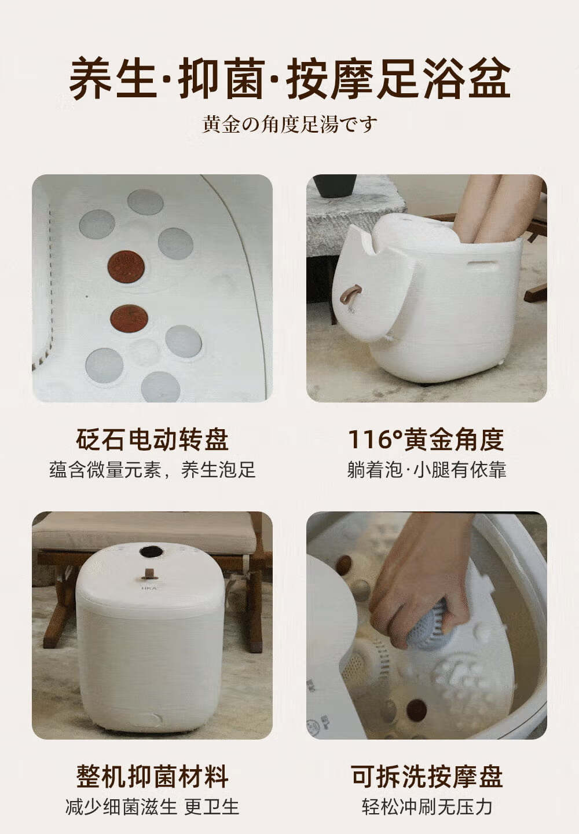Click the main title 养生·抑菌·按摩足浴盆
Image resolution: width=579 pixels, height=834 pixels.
pyautogui.click(x=289, y=79)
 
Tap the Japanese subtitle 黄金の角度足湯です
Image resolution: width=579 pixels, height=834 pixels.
pyautogui.click(x=289, y=125)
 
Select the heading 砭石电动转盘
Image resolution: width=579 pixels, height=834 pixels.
pyautogui.click(x=152, y=440)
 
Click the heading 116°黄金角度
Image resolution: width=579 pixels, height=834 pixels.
pyautogui.click(x=426, y=440)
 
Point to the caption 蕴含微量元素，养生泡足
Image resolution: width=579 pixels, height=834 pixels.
pyautogui.click(x=152, y=470)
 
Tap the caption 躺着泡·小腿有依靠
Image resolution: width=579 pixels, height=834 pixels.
pyautogui.click(x=427, y=470)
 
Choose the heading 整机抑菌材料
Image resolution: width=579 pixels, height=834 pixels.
pyautogui.click(x=152, y=776)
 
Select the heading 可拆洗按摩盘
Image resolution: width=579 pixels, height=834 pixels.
pyautogui.click(x=427, y=776)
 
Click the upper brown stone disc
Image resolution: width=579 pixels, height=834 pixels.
pyautogui.click(x=126, y=266)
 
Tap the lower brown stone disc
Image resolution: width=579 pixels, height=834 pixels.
pyautogui.click(x=129, y=319)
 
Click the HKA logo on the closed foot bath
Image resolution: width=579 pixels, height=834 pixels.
pyautogui.click(x=149, y=588)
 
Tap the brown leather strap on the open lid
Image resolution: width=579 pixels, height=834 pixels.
pyautogui.click(x=350, y=294)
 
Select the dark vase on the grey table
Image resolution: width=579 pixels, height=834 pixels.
pyautogui.click(x=335, y=185)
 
